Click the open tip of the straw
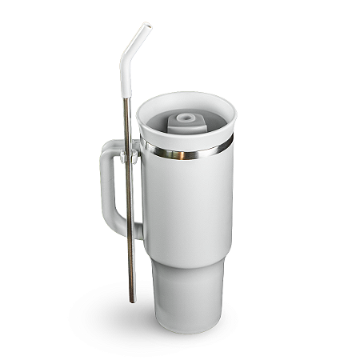[145, 26]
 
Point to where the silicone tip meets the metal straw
[126, 98]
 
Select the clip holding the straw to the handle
[127, 154]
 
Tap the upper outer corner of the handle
[104, 147]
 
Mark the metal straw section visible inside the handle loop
[128, 192]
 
